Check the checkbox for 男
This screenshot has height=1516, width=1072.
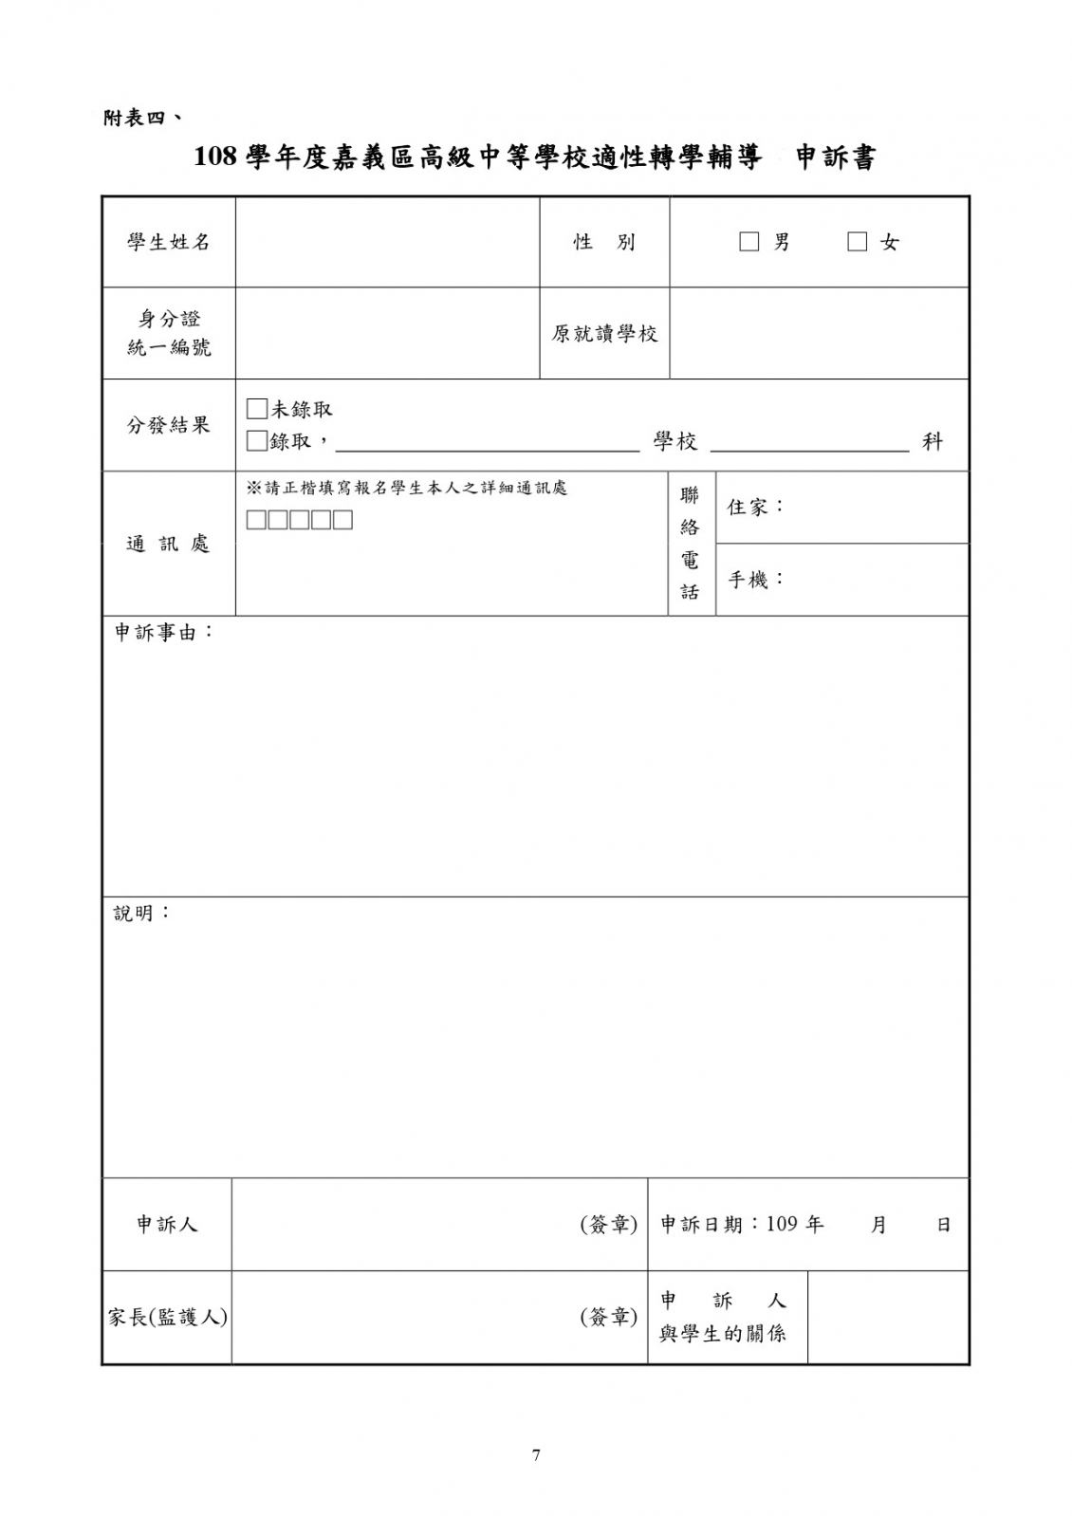pyautogui.click(x=749, y=242)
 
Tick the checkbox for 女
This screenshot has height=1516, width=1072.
pyautogui.click(x=858, y=242)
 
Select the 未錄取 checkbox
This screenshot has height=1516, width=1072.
pyautogui.click(x=256, y=409)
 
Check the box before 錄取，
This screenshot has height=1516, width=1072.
pyautogui.click(x=256, y=441)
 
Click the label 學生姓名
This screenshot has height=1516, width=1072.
pyautogui.click(x=169, y=242)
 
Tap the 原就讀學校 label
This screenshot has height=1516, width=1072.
pyautogui.click(x=604, y=334)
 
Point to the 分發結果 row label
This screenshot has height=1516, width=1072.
pyautogui.click(x=169, y=425)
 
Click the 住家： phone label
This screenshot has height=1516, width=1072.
pyautogui.click(x=756, y=507)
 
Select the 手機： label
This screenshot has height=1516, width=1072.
pyautogui.click(x=756, y=579)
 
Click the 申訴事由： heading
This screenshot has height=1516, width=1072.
pyautogui.click(x=164, y=632)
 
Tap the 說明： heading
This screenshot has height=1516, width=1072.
pyautogui.click(x=142, y=913)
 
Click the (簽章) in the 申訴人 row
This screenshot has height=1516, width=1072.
pyautogui.click(x=608, y=1225)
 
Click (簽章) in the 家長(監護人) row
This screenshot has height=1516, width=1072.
pyautogui.click(x=608, y=1317)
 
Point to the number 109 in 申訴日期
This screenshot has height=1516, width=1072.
pyautogui.click(x=782, y=1224)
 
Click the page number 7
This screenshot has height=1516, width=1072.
pyautogui.click(x=536, y=1454)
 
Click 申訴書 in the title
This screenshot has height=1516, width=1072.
pyautogui.click(x=835, y=157)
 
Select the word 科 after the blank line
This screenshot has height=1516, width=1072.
pyautogui.click(x=933, y=441)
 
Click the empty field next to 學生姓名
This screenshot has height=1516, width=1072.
pyautogui.click(x=387, y=242)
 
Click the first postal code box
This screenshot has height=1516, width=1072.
pyautogui.click(x=256, y=520)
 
